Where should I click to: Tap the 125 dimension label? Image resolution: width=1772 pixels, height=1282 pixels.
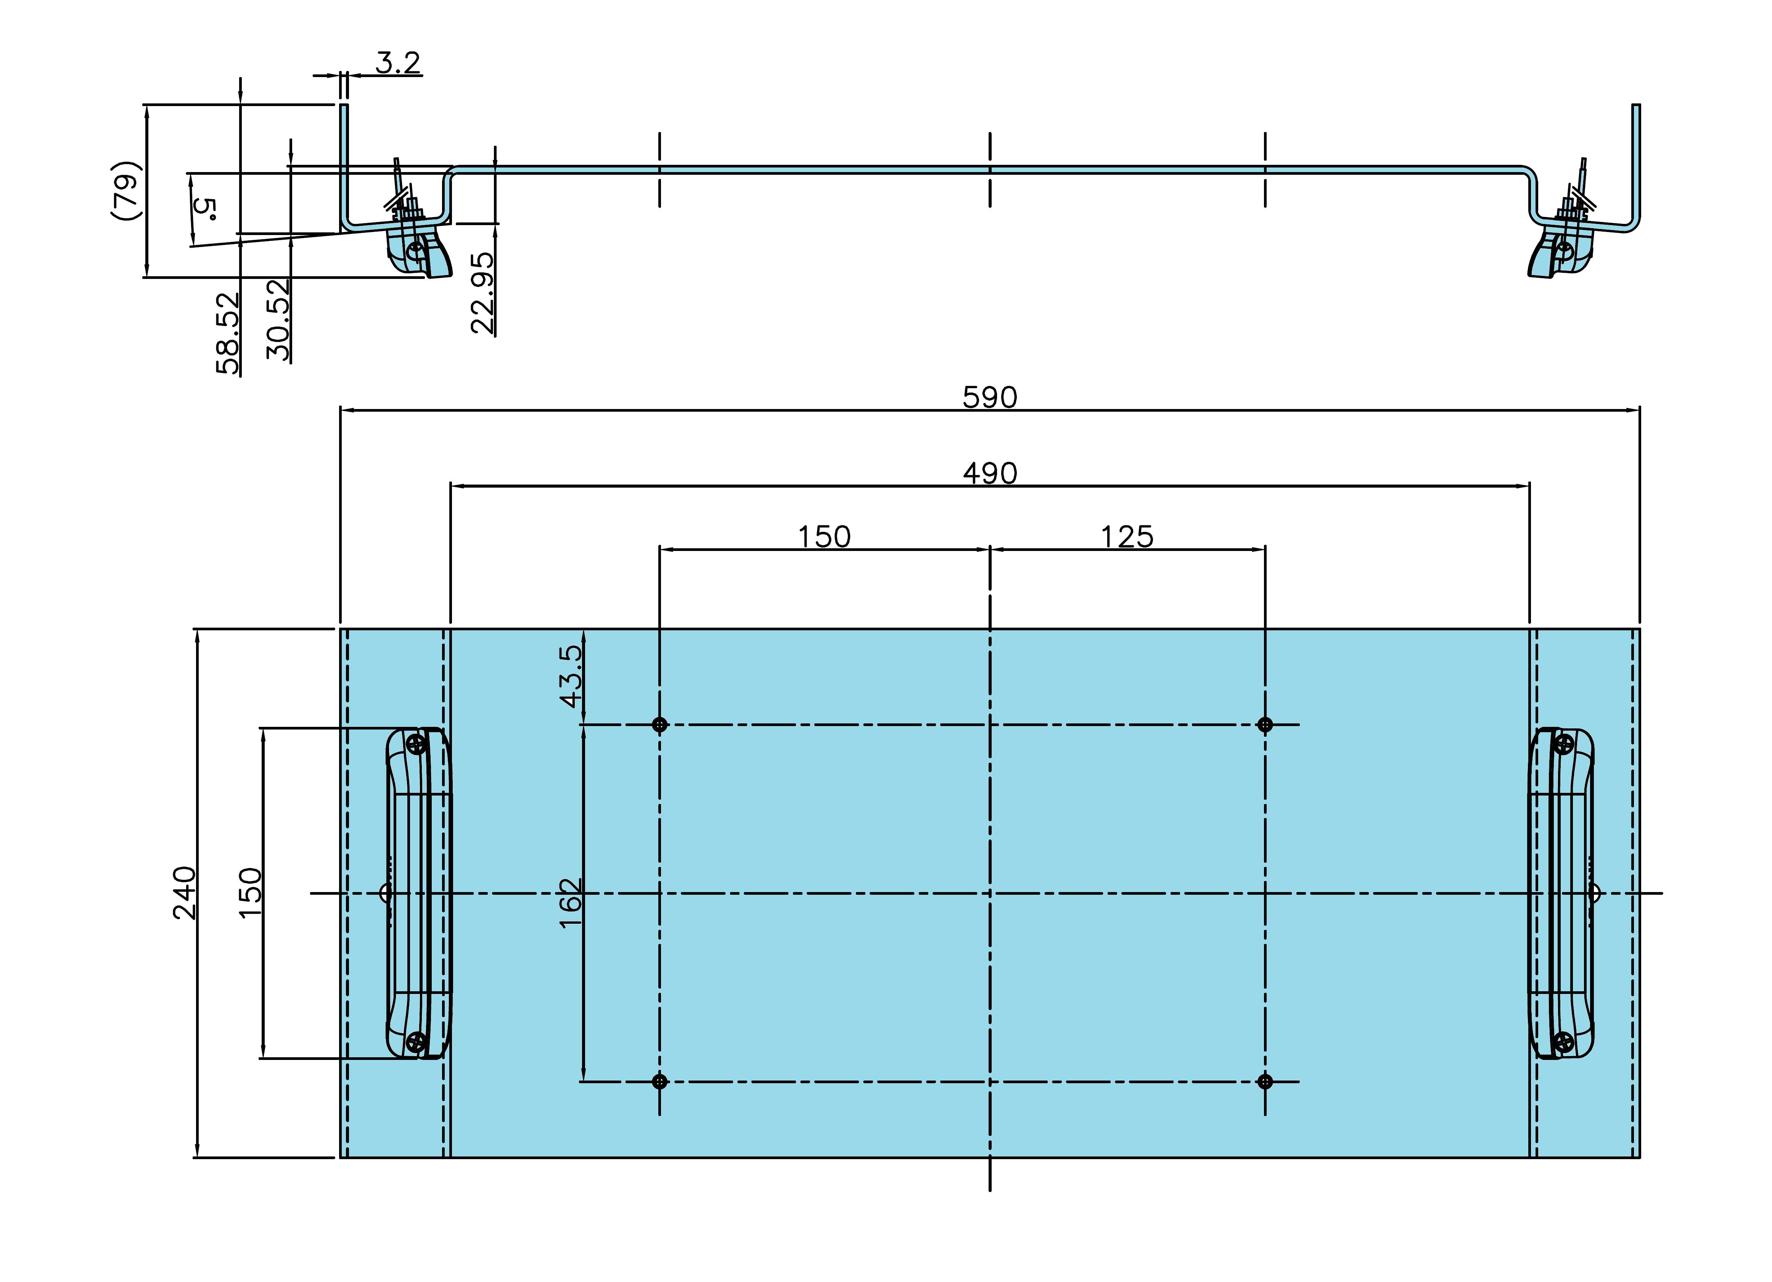1127,537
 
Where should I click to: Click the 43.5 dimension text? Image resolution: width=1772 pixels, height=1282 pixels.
571,676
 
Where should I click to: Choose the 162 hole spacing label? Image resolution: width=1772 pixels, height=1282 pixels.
571,903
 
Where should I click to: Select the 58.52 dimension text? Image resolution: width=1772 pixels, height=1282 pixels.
227,333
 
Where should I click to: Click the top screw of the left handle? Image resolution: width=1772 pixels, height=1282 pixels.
417,745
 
